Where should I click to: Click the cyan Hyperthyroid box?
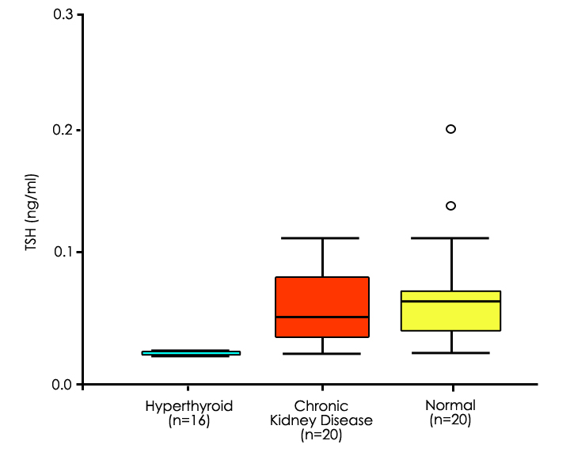click(191, 353)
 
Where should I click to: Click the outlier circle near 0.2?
click(451, 129)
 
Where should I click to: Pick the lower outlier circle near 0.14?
click(451, 206)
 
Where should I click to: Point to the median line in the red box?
click(322, 317)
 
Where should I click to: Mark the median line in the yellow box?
click(451, 302)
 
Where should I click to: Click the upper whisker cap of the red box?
click(322, 237)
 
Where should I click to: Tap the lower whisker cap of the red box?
click(322, 354)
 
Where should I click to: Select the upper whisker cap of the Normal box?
click(451, 237)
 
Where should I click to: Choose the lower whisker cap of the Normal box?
click(451, 353)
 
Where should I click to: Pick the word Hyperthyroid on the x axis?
click(189, 406)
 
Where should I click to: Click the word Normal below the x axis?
click(450, 406)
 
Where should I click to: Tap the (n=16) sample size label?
click(189, 420)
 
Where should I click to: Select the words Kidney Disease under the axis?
click(321, 420)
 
